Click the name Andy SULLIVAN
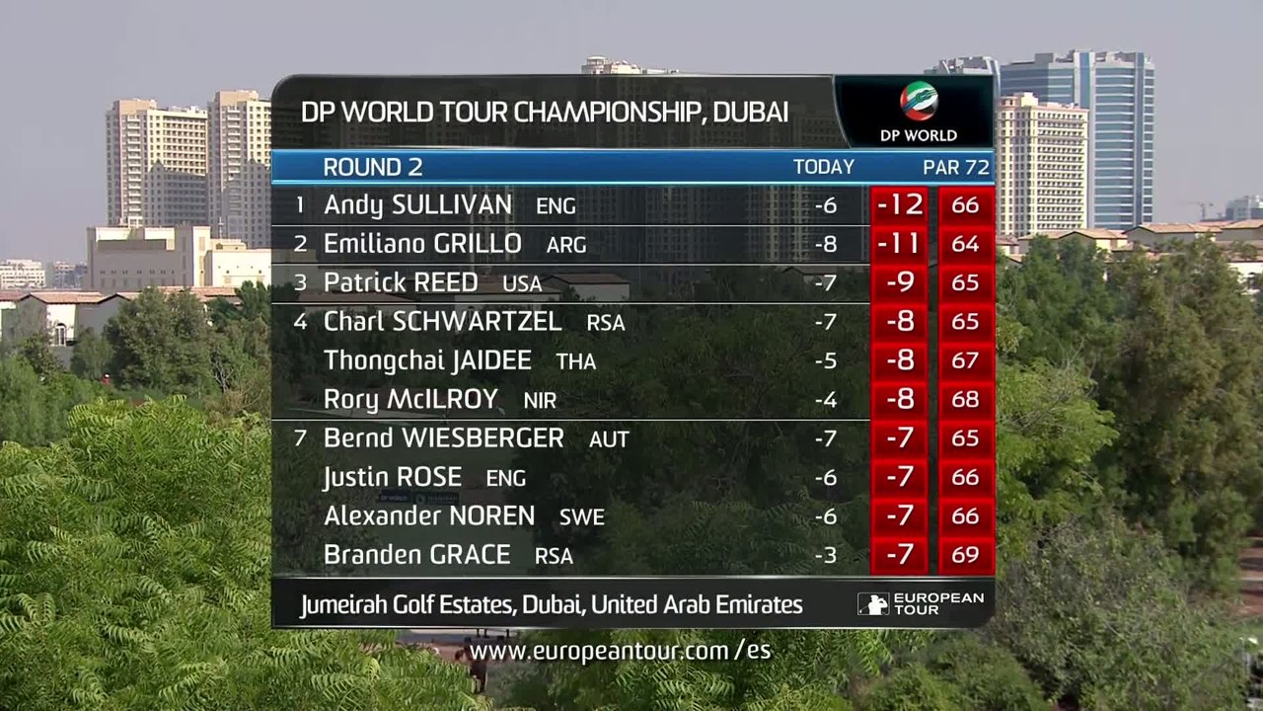[x=417, y=204]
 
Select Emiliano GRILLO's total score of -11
[x=900, y=244]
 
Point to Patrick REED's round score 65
[x=965, y=282]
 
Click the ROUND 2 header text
[x=373, y=167]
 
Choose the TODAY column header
[x=824, y=167]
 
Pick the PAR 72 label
[x=956, y=168]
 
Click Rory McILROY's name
[x=411, y=400]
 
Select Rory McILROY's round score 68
[x=965, y=399]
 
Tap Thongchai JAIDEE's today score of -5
[x=826, y=360]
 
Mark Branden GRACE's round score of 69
[x=965, y=555]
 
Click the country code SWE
[x=581, y=517]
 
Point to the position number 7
[x=300, y=438]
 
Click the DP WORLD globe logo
[x=919, y=102]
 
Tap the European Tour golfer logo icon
[x=873, y=604]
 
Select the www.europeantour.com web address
[x=621, y=651]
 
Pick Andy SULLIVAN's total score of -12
[x=900, y=204]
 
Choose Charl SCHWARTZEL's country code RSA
[x=606, y=323]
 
